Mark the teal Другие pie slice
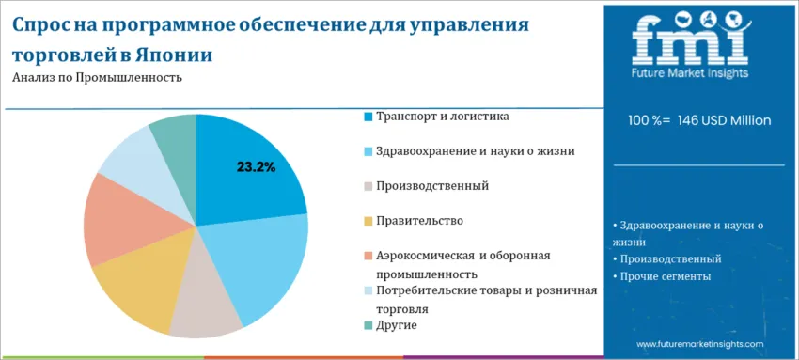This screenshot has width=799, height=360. [175, 136]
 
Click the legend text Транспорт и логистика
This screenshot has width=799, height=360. [443, 117]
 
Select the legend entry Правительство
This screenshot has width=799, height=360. [419, 221]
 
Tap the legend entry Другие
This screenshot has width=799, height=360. [396, 325]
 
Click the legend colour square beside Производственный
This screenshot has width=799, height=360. [368, 187]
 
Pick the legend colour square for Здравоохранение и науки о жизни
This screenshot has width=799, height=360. [368, 151]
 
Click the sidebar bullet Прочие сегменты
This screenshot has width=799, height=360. [664, 276]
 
